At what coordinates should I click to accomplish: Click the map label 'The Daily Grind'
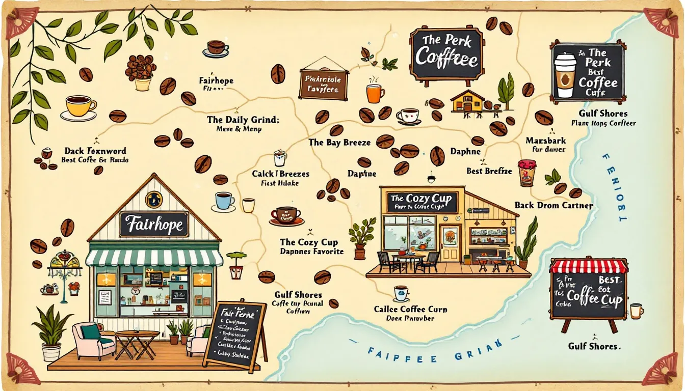click(243, 120)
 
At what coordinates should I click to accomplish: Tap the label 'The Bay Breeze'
click(339, 143)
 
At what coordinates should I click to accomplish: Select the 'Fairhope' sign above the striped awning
click(153, 225)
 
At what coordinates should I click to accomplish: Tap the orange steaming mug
click(375, 93)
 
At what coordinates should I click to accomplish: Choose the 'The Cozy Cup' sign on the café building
click(421, 202)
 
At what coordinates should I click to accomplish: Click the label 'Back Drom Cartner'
click(554, 206)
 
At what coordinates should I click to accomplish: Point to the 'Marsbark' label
click(546, 140)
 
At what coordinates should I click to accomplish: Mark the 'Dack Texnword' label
click(95, 151)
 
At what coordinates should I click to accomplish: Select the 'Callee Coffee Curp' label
click(410, 309)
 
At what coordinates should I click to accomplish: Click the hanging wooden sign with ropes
click(324, 83)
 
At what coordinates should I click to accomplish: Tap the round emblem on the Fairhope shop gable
click(153, 199)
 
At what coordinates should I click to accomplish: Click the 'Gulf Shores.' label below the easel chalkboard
click(594, 346)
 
